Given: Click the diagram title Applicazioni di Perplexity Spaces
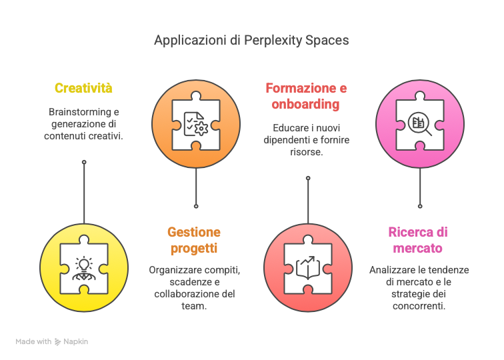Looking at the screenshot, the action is (x=251, y=41).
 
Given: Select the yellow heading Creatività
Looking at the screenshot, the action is (x=83, y=88).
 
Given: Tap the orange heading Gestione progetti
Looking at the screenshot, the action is (x=194, y=240).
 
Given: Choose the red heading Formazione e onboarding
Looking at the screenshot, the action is (x=306, y=96).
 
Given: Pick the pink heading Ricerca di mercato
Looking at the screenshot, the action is (x=418, y=240).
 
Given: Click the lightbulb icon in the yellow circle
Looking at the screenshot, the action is (x=84, y=269).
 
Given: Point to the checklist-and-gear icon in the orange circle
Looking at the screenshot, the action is (x=196, y=124).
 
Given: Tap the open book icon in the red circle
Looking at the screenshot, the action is (x=308, y=267).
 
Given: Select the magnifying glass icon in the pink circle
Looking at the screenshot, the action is (x=420, y=124).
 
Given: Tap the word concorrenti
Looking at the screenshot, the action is (x=419, y=306).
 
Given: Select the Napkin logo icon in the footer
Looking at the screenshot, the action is (x=58, y=342).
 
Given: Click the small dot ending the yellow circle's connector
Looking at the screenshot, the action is (x=84, y=162).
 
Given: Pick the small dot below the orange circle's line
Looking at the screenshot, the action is (x=196, y=206).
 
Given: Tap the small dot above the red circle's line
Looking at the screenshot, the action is (x=308, y=178).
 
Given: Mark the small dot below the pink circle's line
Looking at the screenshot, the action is (x=420, y=206).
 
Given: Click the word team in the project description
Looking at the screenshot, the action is (x=193, y=306).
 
